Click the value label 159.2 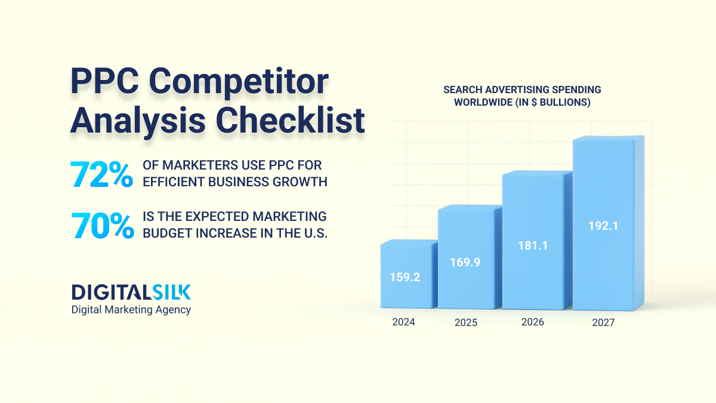[x=405, y=277]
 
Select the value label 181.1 [x=532, y=245]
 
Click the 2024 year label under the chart [x=403, y=322]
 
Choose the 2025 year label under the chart [x=466, y=322]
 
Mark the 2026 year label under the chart [x=532, y=322]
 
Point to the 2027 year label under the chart [x=603, y=322]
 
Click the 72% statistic [x=101, y=174]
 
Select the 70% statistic [x=103, y=226]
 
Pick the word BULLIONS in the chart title [x=564, y=102]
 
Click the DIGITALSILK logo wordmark [x=131, y=292]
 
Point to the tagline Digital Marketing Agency [x=131, y=309]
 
